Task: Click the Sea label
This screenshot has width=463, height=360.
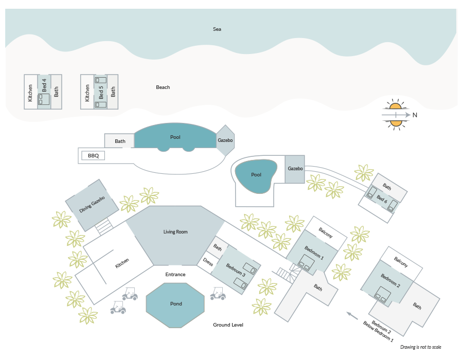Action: (217, 29)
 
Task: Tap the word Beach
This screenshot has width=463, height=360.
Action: (163, 87)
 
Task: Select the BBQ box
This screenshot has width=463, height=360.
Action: (93, 155)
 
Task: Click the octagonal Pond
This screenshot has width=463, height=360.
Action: (175, 305)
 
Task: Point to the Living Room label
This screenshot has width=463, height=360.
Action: (175, 231)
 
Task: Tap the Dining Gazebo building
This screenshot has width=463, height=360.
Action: (92, 205)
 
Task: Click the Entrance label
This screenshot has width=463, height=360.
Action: (175, 275)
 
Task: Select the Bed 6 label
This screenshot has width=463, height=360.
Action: (382, 199)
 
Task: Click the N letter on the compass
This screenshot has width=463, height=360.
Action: (415, 115)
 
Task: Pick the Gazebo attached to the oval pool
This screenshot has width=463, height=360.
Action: (225, 140)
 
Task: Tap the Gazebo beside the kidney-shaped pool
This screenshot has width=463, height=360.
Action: (295, 169)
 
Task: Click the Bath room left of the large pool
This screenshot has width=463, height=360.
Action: (119, 141)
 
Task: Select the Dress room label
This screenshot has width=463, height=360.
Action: (208, 262)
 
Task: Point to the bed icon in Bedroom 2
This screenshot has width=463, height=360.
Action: (382, 295)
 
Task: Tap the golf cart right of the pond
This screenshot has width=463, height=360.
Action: (218, 293)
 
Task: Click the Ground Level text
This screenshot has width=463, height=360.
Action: (228, 325)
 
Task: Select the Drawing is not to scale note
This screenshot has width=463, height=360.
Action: (420, 347)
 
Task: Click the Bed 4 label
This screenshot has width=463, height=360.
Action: (44, 85)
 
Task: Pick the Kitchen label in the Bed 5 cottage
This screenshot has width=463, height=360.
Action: (87, 93)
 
